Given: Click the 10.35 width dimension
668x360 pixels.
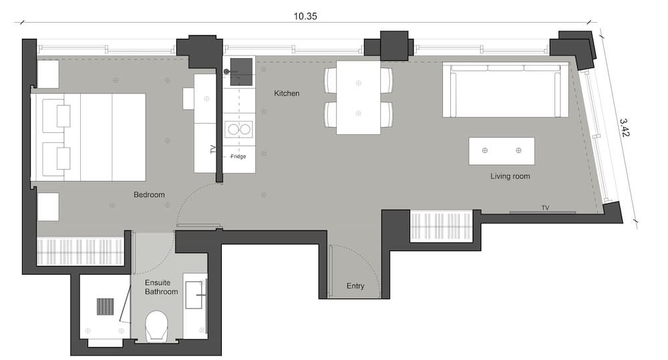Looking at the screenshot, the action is click(x=305, y=16).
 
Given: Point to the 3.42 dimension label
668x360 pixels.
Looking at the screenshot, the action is click(x=624, y=128).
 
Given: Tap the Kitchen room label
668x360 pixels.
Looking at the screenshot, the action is click(x=287, y=94).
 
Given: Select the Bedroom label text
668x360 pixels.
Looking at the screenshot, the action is click(x=149, y=195).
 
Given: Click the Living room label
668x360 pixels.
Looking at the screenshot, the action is click(x=510, y=176).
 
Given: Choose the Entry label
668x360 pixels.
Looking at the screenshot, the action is click(x=355, y=286).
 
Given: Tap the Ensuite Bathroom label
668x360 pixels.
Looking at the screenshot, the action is click(x=161, y=287).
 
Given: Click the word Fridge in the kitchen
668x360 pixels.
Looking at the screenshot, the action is click(x=238, y=156).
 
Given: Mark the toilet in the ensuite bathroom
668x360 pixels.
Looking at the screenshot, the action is click(x=156, y=326).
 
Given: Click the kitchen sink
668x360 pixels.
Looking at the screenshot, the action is click(x=241, y=71).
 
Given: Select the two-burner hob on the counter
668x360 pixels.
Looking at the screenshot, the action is click(x=238, y=129).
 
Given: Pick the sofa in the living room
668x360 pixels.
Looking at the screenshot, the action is click(x=505, y=89).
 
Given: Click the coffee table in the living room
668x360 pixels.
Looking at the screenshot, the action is click(x=502, y=151).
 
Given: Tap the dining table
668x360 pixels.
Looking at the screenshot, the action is click(x=358, y=98).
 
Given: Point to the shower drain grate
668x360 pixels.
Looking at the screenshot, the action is click(x=106, y=307).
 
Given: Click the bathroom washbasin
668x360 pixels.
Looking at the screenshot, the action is click(x=194, y=295).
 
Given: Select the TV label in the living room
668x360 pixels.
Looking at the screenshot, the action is click(x=545, y=208).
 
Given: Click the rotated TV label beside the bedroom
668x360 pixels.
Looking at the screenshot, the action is click(x=213, y=149).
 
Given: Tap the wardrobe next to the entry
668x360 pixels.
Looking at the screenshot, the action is click(x=441, y=226).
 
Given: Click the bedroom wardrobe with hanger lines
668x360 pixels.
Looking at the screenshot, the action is click(x=81, y=251).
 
